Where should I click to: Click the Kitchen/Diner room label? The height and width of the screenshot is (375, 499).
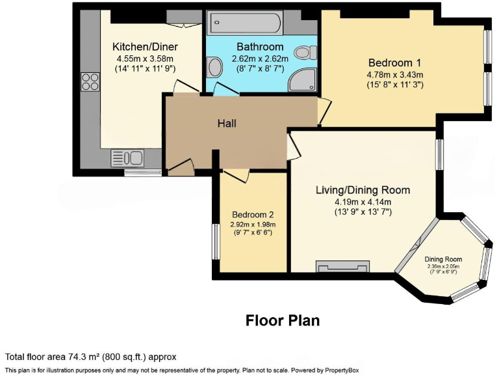(145, 47)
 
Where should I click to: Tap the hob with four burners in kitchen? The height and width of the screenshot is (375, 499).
(90, 81)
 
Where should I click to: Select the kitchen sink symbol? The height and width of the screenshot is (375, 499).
(127, 158)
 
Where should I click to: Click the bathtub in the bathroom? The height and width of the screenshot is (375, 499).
(244, 25)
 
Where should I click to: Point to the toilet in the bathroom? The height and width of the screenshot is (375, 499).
(303, 53)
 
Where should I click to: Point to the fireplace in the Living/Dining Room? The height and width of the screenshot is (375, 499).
(342, 266)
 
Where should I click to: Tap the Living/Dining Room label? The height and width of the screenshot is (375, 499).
(363, 190)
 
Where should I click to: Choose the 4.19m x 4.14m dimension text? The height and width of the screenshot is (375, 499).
(363, 201)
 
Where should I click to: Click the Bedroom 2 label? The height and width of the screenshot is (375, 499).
(253, 215)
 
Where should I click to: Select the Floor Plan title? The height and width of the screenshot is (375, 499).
(282, 320)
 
